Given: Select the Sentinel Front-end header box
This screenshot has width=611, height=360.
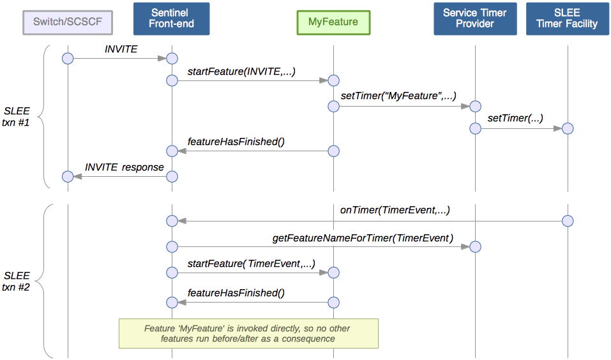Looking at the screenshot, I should pyautogui.click(x=171, y=19).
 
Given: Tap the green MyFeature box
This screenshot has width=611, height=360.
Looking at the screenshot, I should pyautogui.click(x=333, y=22).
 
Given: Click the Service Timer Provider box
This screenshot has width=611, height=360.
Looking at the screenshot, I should pyautogui.click(x=475, y=19).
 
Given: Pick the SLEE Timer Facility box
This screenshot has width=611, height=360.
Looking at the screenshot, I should pyautogui.click(x=567, y=19).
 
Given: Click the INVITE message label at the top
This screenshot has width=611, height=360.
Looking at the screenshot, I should pyautogui.click(x=121, y=49).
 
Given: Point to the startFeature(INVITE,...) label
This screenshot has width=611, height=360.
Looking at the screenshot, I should pyautogui.click(x=241, y=71).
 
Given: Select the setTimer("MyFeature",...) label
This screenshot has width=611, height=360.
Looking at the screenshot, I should pyautogui.click(x=398, y=96).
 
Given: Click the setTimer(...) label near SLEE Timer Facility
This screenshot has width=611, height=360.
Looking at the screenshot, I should pyautogui.click(x=515, y=118).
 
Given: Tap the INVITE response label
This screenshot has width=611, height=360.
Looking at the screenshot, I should pyautogui.click(x=124, y=167).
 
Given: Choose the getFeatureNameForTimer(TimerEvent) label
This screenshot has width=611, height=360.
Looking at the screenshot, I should pyautogui.click(x=362, y=237).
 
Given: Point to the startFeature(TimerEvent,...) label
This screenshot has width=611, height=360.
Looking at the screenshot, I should pyautogui.click(x=251, y=263).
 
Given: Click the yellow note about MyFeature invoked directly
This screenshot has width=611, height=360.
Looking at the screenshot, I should pyautogui.click(x=248, y=333).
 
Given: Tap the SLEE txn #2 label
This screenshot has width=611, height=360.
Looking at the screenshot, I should pyautogui.click(x=17, y=281).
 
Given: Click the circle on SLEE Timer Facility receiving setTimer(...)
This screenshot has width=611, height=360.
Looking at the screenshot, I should pyautogui.click(x=568, y=129).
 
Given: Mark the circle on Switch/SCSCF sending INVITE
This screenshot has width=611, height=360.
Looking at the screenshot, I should pyautogui.click(x=68, y=59).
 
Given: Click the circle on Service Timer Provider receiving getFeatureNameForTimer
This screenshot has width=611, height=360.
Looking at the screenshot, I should pyautogui.click(x=475, y=247).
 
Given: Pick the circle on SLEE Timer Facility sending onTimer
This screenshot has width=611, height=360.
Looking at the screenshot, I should pyautogui.click(x=568, y=221).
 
